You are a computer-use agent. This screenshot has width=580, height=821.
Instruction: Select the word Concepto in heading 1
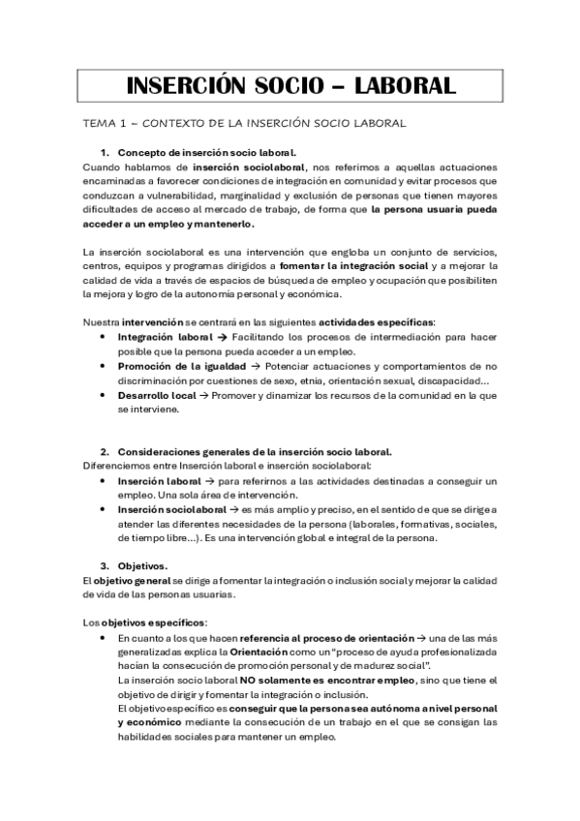coord(143,153)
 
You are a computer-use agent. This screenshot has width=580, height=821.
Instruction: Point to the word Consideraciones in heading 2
coord(166,452)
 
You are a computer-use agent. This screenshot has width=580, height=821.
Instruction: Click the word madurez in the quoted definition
coord(392,666)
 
